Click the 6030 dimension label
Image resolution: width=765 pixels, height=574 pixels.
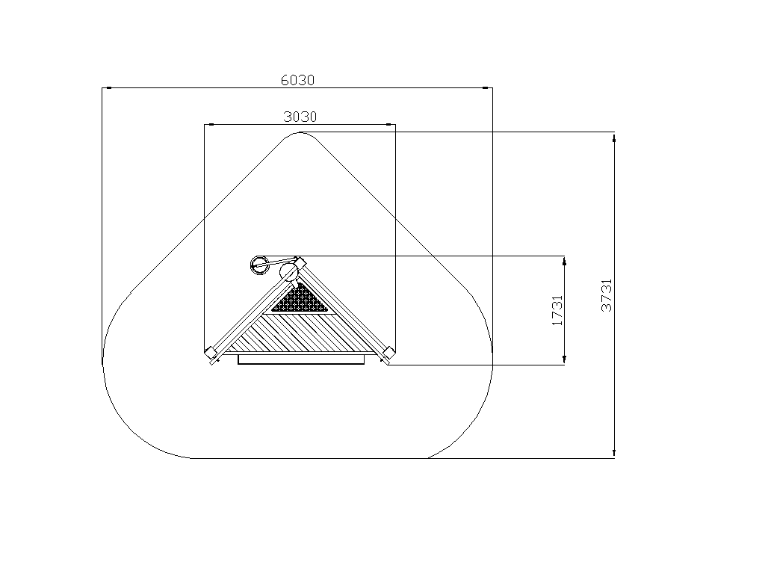(297, 80)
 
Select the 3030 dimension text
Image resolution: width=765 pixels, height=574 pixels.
(300, 117)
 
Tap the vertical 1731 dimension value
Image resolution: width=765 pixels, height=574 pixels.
(557, 310)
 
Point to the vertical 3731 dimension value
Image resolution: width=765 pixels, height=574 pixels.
(606, 295)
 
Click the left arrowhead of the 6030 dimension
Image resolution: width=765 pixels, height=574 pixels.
(109, 88)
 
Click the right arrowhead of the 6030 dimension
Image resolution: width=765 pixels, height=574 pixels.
(486, 88)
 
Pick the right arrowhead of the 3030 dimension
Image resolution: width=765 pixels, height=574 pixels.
(389, 125)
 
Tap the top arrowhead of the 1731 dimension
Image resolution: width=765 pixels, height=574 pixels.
(565, 261)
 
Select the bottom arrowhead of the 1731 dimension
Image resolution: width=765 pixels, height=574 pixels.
(565, 359)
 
